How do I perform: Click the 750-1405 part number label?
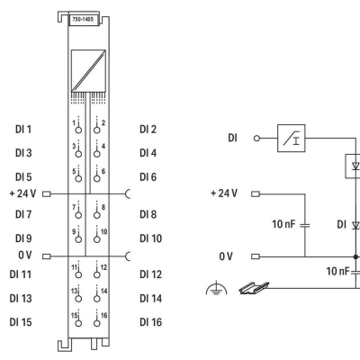[x=83, y=20]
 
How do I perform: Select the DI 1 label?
[x=23, y=130]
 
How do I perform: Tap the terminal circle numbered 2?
[x=96, y=130]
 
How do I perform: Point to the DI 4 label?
[x=148, y=153]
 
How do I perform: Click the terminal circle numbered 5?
[x=78, y=178]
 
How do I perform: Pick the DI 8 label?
[x=148, y=214]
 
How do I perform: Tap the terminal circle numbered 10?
[x=96, y=239]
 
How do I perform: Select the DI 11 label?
[x=21, y=274]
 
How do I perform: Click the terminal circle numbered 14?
[x=96, y=299]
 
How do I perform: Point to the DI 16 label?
[x=150, y=322]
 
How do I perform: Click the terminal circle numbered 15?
[x=78, y=323]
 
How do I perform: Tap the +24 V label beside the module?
[x=22, y=193]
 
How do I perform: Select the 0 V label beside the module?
[x=25, y=255]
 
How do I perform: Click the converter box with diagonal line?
[x=88, y=71]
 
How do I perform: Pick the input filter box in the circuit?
[x=292, y=138]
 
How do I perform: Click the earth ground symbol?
[x=216, y=288]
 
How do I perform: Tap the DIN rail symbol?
[x=254, y=288]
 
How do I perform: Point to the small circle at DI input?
[x=256, y=139]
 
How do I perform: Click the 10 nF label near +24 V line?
[x=283, y=224]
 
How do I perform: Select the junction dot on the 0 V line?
[x=355, y=256]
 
